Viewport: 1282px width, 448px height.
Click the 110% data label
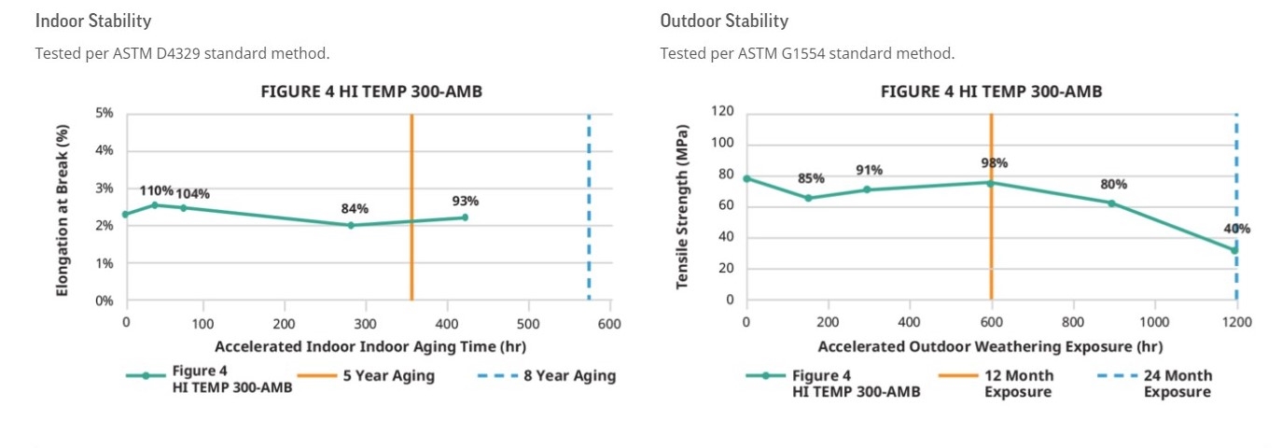pos(157,190)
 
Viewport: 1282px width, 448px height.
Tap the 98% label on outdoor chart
pos(994,163)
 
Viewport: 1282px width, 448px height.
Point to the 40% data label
pos(1236,229)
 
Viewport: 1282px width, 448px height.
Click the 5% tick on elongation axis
pos(105,114)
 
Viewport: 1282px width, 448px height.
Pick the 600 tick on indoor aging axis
pos(610,321)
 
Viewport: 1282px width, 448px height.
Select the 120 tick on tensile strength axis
pos(722,112)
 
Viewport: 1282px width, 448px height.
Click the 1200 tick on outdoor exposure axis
pos(1236,321)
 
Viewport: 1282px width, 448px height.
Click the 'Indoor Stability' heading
pos(93,21)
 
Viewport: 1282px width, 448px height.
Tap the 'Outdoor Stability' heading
pos(724,21)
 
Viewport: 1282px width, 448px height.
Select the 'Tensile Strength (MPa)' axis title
pos(683,205)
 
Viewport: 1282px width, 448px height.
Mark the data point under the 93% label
pos(464,217)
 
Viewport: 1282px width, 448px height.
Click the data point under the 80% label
pos(1111,203)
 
